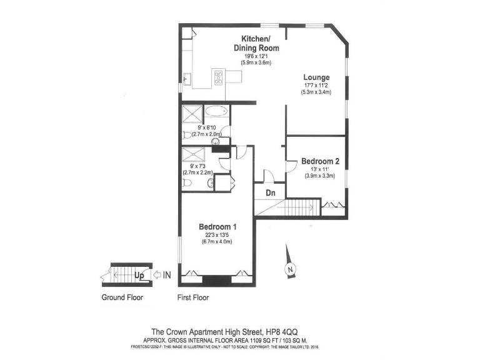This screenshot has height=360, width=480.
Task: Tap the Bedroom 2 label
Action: click(320, 161)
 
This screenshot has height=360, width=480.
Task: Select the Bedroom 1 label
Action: click(217, 226)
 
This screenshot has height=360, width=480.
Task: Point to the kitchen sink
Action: click(187, 79)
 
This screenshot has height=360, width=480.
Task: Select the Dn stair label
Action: click(271, 193)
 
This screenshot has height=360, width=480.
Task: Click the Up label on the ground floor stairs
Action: click(139, 274)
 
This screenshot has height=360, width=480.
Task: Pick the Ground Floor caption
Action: click(122, 297)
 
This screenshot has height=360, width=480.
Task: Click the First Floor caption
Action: click(193, 297)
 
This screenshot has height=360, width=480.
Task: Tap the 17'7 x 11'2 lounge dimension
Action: click(316, 85)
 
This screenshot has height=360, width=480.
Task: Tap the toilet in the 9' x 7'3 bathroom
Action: click(187, 182)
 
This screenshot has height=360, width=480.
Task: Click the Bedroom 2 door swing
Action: click(291, 165)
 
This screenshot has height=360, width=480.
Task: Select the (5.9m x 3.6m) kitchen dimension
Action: click(256, 63)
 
